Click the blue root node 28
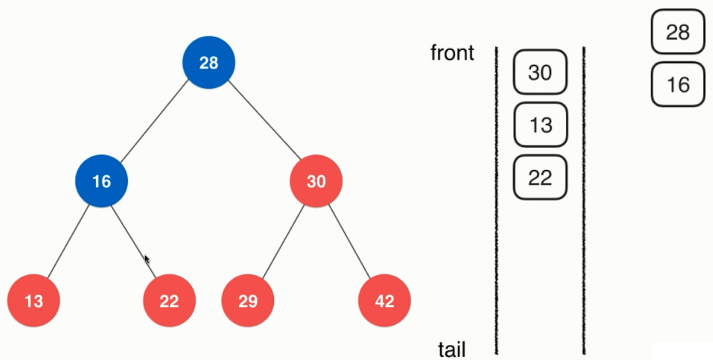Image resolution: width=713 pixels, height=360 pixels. tap(209, 62)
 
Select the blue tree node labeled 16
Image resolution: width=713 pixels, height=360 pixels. tap(101, 181)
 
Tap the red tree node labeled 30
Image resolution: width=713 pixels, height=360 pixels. tap(316, 181)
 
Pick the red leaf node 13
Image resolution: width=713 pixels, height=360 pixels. tap(33, 301)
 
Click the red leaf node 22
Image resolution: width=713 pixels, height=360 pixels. tap(169, 301)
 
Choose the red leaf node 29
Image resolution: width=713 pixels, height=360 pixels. tap(248, 301)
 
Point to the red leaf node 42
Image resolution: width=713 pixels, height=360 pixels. tap(384, 301)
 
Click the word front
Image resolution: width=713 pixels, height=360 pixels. tap(452, 53)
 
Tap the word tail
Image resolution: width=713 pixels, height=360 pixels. tap(451, 350)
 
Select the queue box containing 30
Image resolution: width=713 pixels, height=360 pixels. tap(540, 72)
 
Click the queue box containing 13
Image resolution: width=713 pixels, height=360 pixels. tap(540, 124)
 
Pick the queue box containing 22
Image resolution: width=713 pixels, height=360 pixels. tap(540, 177)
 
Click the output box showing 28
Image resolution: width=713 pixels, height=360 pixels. tap(678, 32)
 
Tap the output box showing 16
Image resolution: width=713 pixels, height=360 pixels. tap(678, 85)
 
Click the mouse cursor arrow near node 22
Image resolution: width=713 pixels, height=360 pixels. tap(146, 259)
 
